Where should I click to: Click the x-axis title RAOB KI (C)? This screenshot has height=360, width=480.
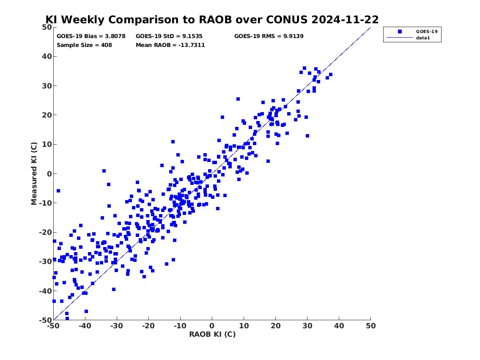pyautogui.click(x=212, y=334)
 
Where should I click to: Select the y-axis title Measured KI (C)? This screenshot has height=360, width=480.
pyautogui.click(x=34, y=173)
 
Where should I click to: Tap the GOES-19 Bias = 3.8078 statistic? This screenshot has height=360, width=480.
pyautogui.click(x=91, y=36)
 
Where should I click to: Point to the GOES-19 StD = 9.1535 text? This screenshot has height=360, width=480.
pyautogui.click(x=170, y=36)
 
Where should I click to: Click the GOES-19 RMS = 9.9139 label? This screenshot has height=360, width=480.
pyautogui.click(x=269, y=36)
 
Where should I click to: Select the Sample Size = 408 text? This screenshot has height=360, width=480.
pyautogui.click(x=84, y=45)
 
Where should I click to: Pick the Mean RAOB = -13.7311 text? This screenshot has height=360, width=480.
pyautogui.click(x=170, y=45)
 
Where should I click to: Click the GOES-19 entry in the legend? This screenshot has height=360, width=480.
pyautogui.click(x=423, y=32)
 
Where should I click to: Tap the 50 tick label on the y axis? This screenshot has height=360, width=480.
pyautogui.click(x=47, y=27)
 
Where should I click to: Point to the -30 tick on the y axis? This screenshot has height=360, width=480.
pyautogui.click(x=44, y=261)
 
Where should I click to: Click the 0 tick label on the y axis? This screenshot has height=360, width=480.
pyautogui.click(x=49, y=174)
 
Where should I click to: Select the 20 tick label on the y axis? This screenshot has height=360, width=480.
pyautogui.click(x=47, y=115)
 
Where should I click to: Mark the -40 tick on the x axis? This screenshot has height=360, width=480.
pyautogui.click(x=85, y=326)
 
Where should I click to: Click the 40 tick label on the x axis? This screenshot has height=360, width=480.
pyautogui.click(x=339, y=326)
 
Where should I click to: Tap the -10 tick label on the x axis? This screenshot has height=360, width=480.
pyautogui.click(x=180, y=326)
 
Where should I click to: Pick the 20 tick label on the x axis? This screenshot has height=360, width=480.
pyautogui.click(x=276, y=326)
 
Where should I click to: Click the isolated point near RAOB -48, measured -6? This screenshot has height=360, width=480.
pyautogui.click(x=58, y=191)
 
